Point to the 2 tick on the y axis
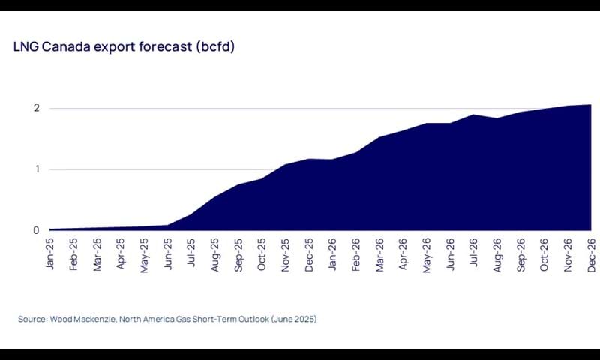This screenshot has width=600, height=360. pos(35,108)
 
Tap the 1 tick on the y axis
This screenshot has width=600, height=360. pos(35,169)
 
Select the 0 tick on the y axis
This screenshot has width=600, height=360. pos(35,230)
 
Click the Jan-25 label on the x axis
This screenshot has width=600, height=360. pos(50,252)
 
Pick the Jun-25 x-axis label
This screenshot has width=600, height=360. pos(167,252)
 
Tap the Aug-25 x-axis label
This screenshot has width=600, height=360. pos(214,252)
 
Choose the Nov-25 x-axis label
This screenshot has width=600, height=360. pos(285,252)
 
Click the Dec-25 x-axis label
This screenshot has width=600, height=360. pos(308,252)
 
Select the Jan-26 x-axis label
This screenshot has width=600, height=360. pos(332,252)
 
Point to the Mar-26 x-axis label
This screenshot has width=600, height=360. pos(379,252)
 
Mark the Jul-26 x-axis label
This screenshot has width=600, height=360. pos(473,252)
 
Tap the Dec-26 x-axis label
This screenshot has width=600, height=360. pos(590,252)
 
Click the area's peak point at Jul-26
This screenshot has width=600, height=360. pos(473,115)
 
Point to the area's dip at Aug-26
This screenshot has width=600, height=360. pos(496,118)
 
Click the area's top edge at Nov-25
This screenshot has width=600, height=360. pos(285,164)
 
